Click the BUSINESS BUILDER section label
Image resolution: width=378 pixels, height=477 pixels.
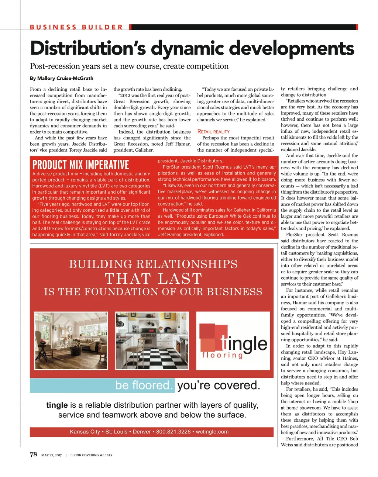(76, 27)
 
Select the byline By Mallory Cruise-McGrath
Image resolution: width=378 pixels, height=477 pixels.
(62, 78)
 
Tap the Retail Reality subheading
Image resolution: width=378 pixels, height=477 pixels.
(213, 131)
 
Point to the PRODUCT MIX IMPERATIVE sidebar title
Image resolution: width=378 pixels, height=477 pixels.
(81, 165)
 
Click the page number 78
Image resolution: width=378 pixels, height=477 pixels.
(34, 454)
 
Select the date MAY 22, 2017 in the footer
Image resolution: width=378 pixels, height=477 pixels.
(51, 455)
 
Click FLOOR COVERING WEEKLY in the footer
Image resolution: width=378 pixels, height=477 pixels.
(92, 455)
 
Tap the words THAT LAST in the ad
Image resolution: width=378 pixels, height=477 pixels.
(153, 279)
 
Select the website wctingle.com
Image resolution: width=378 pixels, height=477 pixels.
(212, 432)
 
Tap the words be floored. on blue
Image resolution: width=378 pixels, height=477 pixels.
(144, 385)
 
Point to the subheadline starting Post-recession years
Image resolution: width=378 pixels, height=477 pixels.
(129, 66)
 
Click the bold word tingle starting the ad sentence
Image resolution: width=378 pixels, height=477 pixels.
(57, 405)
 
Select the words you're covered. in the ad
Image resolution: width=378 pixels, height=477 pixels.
(219, 385)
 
